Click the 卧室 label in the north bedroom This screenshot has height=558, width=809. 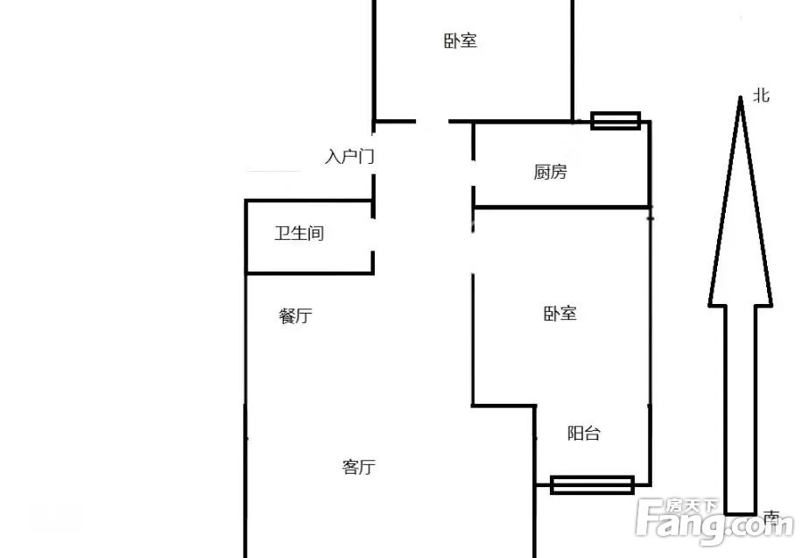461,41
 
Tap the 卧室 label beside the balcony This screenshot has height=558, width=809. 559,314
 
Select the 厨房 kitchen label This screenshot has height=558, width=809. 550,172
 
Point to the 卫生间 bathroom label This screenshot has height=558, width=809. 299,233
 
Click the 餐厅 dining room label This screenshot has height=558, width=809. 296,315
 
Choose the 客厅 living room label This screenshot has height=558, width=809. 359,467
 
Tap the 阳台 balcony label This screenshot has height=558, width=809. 584,433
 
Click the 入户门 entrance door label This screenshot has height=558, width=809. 349,156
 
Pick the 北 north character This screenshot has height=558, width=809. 762,95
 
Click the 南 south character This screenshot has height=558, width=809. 770,517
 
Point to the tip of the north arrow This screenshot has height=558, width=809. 741,97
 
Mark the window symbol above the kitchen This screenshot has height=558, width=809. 616,121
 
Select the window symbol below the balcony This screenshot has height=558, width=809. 592,484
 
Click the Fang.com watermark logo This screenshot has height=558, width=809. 714,521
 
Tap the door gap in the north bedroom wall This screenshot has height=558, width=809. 432,122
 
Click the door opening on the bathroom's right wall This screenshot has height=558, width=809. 372,235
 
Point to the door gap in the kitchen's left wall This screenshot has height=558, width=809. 473,173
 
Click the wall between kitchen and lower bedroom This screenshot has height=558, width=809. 561,208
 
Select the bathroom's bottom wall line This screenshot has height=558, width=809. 310,272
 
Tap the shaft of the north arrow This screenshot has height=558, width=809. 741,410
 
